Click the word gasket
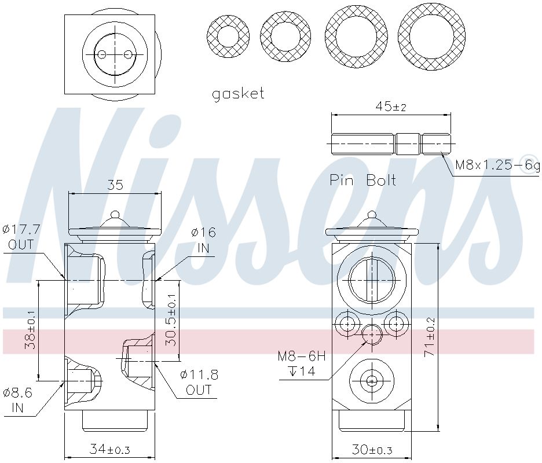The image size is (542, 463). pyautogui.click(x=238, y=94)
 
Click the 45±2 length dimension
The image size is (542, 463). pyautogui.click(x=391, y=106)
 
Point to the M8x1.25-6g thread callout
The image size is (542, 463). pyautogui.click(x=497, y=165)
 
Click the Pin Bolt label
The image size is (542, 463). pyautogui.click(x=362, y=180)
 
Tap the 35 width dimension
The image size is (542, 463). pyautogui.click(x=115, y=185)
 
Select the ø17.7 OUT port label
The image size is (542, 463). pyautogui.click(x=21, y=237)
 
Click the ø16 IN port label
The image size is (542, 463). pyautogui.click(x=204, y=240)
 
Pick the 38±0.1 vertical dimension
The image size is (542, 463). pyautogui.click(x=30, y=330)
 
